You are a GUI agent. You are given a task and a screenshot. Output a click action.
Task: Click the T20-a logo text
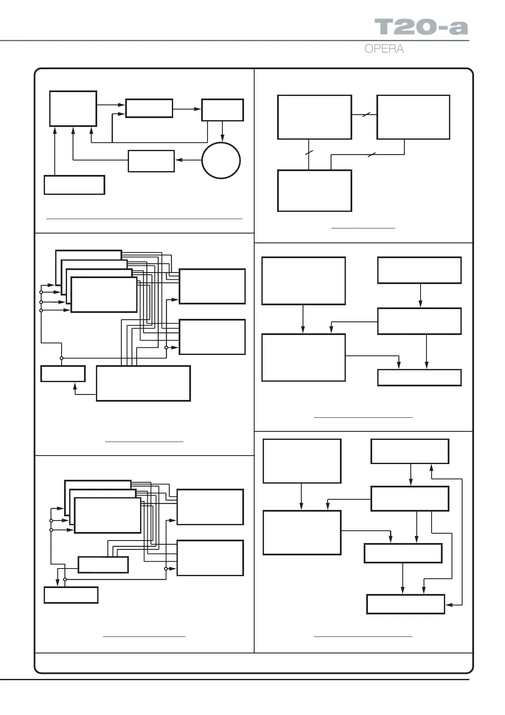421,27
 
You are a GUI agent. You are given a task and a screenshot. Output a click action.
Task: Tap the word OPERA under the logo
384,49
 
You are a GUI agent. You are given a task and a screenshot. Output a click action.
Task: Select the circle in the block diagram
221,160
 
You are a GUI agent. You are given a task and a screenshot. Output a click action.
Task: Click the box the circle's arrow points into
151,161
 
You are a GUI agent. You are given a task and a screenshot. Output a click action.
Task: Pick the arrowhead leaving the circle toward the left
178,160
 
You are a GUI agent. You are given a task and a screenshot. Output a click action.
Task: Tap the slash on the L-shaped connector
370,155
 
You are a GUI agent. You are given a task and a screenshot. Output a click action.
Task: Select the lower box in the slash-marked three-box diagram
314,191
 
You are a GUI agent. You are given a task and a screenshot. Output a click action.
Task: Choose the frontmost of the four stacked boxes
104,295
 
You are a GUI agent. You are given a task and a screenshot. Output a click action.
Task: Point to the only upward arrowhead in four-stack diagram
75,386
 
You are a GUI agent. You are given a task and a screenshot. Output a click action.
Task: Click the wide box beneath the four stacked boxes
143,383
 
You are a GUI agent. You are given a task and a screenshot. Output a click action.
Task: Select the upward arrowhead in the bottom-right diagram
431,467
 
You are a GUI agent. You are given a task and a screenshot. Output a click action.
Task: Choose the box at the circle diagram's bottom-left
74,185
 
